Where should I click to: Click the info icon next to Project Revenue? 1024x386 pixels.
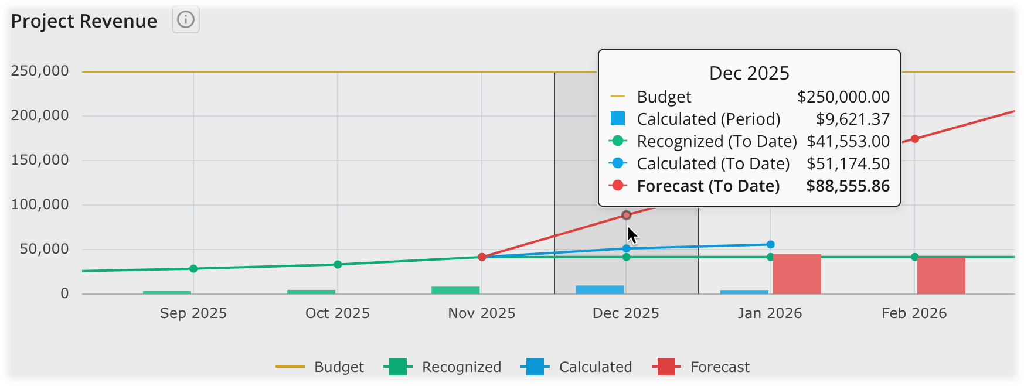click(x=185, y=20)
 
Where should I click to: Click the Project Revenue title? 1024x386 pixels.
click(x=84, y=21)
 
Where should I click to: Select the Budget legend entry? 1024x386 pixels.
click(x=320, y=367)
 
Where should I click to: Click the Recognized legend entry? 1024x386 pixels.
click(x=443, y=367)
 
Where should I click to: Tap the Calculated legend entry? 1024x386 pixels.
click(x=576, y=367)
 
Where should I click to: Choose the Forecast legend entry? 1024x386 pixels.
click(x=701, y=367)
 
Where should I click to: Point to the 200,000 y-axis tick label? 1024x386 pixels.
click(x=40, y=115)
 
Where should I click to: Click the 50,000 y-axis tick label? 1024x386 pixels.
click(x=45, y=249)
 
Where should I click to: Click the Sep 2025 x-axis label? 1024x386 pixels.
click(x=193, y=313)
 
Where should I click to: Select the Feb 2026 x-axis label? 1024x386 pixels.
click(x=914, y=313)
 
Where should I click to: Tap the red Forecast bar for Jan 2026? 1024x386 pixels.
click(x=797, y=274)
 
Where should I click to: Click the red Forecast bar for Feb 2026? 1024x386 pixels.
click(x=941, y=276)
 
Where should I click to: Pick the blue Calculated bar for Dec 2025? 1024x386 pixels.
click(x=600, y=290)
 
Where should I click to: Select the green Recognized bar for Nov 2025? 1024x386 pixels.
click(x=455, y=291)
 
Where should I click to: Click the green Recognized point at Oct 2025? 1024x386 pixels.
click(x=338, y=265)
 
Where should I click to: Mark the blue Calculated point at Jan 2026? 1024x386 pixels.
click(x=770, y=244)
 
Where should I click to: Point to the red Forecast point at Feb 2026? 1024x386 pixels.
click(x=914, y=139)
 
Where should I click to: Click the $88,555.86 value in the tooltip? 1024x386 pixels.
click(x=848, y=186)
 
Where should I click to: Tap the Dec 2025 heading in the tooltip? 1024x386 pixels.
click(x=749, y=73)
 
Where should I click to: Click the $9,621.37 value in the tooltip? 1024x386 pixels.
click(x=853, y=119)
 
